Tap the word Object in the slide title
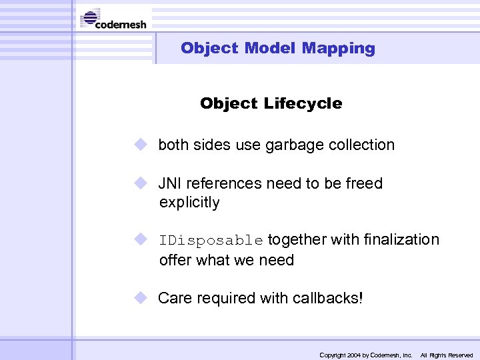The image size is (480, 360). click(x=209, y=48)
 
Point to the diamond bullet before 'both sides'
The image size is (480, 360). click(x=139, y=145)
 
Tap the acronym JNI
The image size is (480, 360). click(x=171, y=183)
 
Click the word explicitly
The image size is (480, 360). click(x=189, y=203)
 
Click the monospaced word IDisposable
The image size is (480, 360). click(x=211, y=240)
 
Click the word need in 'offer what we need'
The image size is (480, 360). click(x=276, y=260)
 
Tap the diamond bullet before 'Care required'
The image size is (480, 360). click(x=139, y=297)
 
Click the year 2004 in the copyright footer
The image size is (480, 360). click(x=353, y=355)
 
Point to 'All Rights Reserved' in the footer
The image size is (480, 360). click(x=446, y=355)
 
